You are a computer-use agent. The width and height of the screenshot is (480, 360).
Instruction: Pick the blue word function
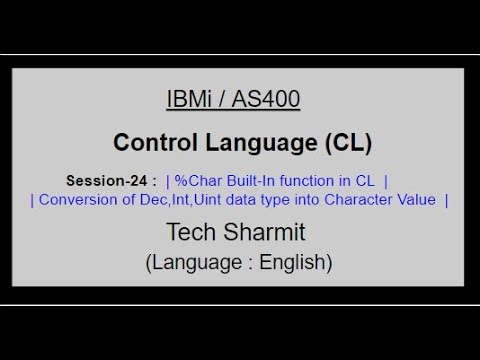299,181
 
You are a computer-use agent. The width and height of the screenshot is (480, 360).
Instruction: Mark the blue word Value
415,200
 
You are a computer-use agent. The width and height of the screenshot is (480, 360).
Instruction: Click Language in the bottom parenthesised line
198,264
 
